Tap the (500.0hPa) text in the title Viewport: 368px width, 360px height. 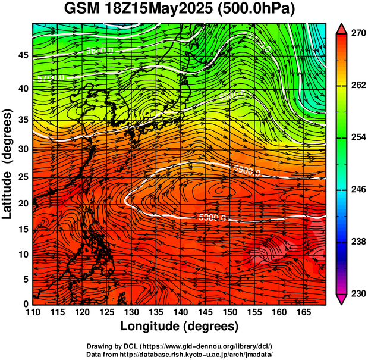(x=259, y=10)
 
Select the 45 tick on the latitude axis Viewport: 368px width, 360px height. (x=23, y=55)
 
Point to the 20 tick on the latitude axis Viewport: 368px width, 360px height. (x=23, y=203)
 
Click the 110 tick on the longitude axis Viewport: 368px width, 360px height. (x=33, y=312)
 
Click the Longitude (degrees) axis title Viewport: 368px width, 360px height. (x=180, y=326)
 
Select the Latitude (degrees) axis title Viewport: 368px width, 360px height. (x=8, y=164)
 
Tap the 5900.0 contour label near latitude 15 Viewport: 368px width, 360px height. (x=212, y=217)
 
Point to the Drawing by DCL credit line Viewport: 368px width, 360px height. (x=180, y=346)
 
